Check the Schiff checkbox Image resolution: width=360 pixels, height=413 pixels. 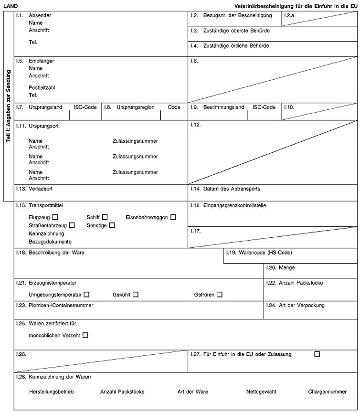[x=105, y=217]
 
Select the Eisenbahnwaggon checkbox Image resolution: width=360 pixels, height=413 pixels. [x=173, y=217]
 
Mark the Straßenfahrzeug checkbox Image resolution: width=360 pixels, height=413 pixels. [x=72, y=225]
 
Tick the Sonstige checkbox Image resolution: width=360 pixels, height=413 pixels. [x=112, y=225]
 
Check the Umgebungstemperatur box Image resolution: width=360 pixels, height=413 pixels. [x=86, y=295]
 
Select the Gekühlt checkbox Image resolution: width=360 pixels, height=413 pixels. [x=136, y=295]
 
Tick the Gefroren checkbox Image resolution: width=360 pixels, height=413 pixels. [x=219, y=295]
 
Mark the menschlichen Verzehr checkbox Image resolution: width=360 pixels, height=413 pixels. [x=85, y=336]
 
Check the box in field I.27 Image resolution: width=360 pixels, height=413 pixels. [x=317, y=354]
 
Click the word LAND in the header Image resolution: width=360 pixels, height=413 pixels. [x=11, y=5]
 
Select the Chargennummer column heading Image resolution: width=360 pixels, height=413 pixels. [x=328, y=392]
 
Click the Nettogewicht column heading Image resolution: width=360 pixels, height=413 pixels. [x=261, y=392]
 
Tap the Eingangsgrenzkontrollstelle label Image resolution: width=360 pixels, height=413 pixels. [x=234, y=205]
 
